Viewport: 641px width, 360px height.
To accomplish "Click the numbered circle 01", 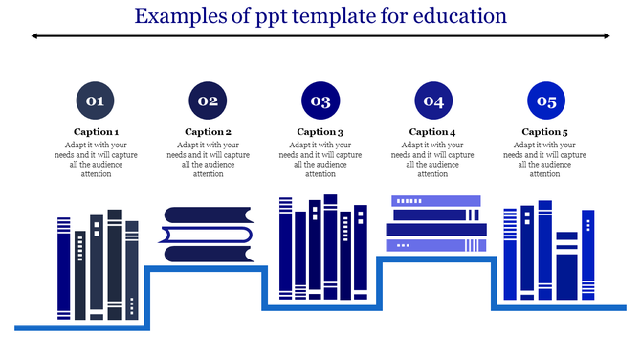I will (x=96, y=100).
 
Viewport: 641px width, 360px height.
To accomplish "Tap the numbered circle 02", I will (x=208, y=100).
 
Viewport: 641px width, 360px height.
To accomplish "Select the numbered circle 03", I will (x=320, y=100).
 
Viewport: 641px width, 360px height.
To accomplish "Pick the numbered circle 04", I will (x=432, y=100).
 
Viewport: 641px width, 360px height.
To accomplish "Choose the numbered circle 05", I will (x=544, y=100).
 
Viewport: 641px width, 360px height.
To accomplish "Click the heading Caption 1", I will (x=96, y=132).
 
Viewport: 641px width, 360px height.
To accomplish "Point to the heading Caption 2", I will (x=208, y=132).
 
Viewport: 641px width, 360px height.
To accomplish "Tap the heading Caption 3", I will (x=320, y=132).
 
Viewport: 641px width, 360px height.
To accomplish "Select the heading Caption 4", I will (x=432, y=132).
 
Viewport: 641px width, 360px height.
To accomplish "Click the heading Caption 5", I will (x=544, y=132).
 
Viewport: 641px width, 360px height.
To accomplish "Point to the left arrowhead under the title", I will (x=35, y=36).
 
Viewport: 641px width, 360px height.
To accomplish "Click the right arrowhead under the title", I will (x=606, y=36).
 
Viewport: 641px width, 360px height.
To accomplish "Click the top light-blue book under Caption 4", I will (x=435, y=201).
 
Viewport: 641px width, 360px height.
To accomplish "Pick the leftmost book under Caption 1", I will (x=64, y=268).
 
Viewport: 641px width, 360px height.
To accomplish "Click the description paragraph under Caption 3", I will (x=320, y=160).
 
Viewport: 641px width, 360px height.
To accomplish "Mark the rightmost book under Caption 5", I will (x=588, y=255).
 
